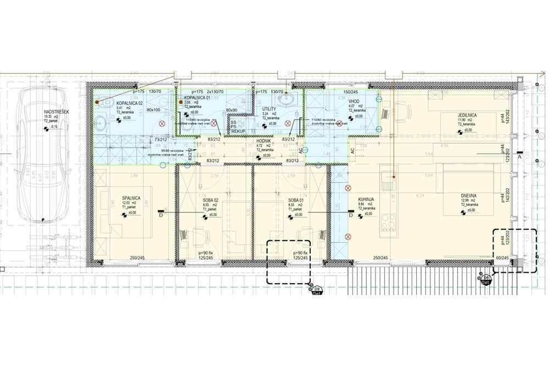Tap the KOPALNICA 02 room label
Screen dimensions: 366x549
(130, 103)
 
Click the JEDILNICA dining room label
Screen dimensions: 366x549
(468, 115)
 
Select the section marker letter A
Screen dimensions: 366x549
(519, 156)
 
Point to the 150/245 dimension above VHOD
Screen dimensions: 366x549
(350, 92)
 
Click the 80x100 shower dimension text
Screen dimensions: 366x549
(154, 110)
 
